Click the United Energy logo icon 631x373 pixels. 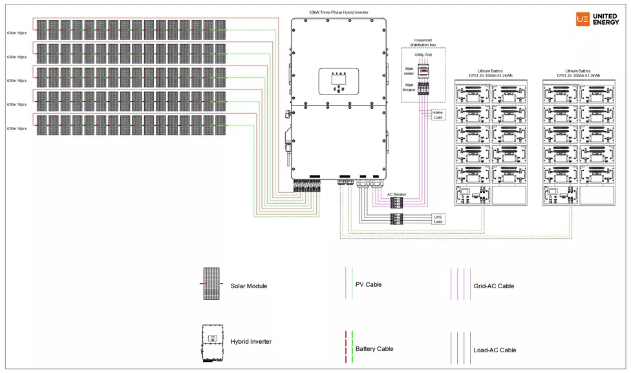click(x=583, y=19)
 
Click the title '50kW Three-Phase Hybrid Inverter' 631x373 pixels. click(x=339, y=12)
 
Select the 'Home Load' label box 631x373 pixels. click(x=438, y=115)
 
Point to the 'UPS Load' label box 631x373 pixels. click(x=438, y=218)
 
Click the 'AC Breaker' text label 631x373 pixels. click(x=397, y=194)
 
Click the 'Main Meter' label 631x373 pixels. click(x=409, y=71)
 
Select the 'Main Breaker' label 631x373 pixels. click(x=409, y=87)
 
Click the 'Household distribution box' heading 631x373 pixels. click(x=423, y=42)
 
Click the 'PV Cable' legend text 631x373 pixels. click(x=369, y=284)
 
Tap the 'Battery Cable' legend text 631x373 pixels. click(x=374, y=349)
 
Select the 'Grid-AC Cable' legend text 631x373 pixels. click(x=493, y=286)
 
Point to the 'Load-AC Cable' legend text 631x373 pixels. click(x=495, y=350)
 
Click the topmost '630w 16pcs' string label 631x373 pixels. click(x=17, y=32)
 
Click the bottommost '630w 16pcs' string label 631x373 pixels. click(x=17, y=128)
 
